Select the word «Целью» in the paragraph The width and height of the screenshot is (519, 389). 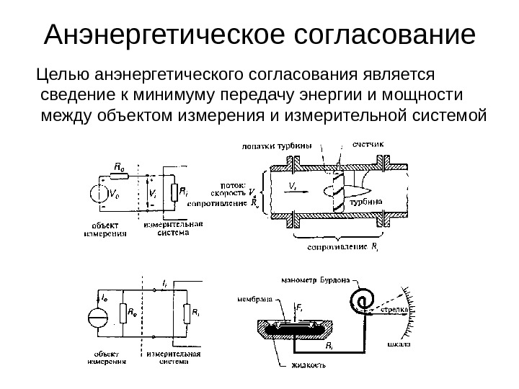coord(66,75)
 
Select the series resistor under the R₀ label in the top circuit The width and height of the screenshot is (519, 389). coord(120,174)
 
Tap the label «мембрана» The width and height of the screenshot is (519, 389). coord(254,298)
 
